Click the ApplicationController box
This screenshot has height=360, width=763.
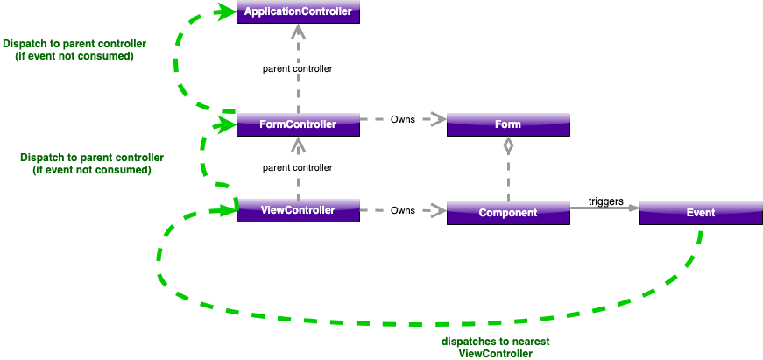tap(298, 11)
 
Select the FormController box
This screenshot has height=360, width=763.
tap(298, 124)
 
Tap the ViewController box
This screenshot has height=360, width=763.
tap(298, 210)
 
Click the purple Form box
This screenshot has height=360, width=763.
tap(508, 124)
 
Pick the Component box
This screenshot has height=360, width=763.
tap(508, 213)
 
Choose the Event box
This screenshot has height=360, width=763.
tap(701, 213)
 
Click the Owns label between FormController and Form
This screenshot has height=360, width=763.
tap(403, 119)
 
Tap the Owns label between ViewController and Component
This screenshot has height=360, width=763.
tap(403, 210)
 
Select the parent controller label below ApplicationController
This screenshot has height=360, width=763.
tap(298, 68)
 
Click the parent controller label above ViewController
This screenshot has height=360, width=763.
tap(298, 167)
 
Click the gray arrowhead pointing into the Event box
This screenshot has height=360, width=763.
tap(632, 208)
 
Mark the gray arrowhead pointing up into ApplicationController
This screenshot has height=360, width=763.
tap(298, 32)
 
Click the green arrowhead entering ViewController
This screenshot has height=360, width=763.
tap(226, 210)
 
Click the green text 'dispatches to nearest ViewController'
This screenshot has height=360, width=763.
tap(496, 348)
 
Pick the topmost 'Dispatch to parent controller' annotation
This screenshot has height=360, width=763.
tap(74, 49)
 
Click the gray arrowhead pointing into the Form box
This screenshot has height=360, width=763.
tap(435, 119)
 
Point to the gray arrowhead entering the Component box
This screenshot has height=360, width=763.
tap(435, 210)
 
